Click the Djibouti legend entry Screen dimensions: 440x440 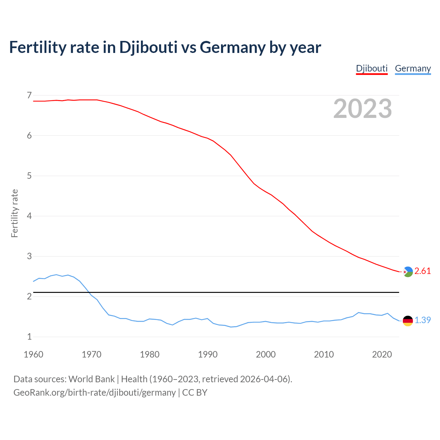click(x=372, y=68)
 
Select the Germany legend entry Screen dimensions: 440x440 click(x=413, y=68)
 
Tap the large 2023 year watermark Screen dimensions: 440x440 click(x=363, y=109)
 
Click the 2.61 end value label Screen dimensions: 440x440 click(x=422, y=271)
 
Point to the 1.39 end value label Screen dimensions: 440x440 click(x=422, y=320)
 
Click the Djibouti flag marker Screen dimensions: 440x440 click(x=408, y=272)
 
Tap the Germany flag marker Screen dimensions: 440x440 click(x=408, y=320)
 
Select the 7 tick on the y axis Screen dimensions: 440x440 click(x=29, y=95)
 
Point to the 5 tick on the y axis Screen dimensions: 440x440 click(x=29, y=176)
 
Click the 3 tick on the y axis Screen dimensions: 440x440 click(x=29, y=256)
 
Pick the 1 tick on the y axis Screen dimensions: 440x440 click(x=29, y=337)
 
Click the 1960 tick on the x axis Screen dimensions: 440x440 click(x=33, y=354)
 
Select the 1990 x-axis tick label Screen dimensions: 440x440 click(x=208, y=354)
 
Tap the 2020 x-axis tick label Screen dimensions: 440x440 click(x=382, y=354)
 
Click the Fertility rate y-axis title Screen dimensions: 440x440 click(x=14, y=213)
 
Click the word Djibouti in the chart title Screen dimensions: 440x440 click(x=148, y=47)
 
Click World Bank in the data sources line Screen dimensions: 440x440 click(x=91, y=379)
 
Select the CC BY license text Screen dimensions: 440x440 click(x=195, y=393)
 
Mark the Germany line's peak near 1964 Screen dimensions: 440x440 click(x=56, y=275)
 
